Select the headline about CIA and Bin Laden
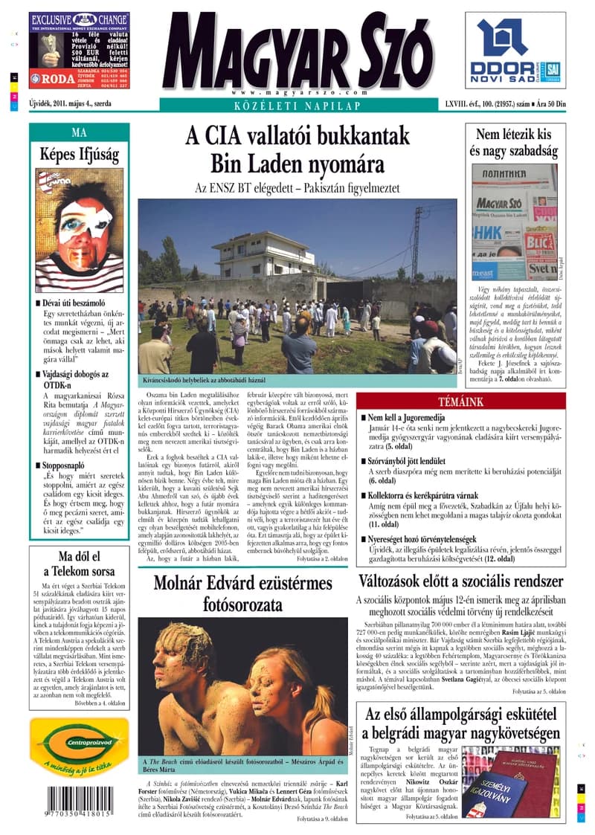[297, 149]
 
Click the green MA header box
[79, 133]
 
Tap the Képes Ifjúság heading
[79, 155]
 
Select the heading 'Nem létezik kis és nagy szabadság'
[513, 143]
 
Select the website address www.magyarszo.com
[297, 92]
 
